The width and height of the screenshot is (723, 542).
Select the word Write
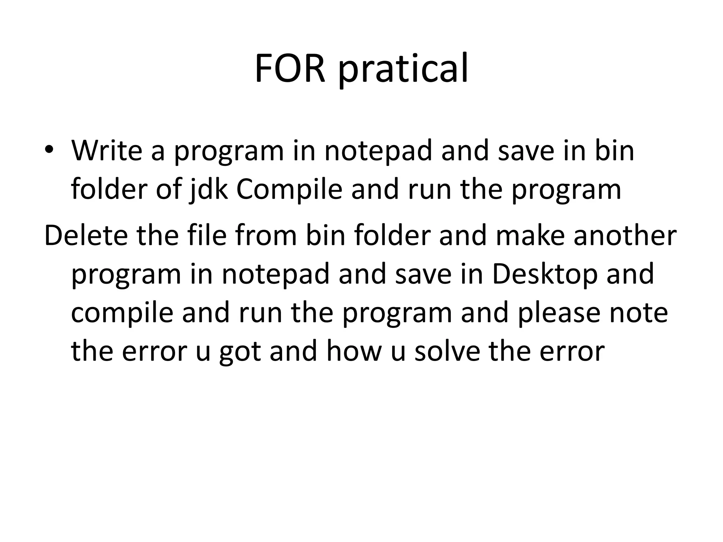pyautogui.click(x=107, y=151)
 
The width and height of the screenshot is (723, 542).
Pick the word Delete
pyautogui.click(x=86, y=236)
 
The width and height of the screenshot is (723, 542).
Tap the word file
pyautogui.click(x=207, y=236)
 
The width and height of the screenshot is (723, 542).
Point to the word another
pyautogui.click(x=625, y=236)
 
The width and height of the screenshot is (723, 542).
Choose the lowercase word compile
pyautogui.click(x=122, y=313)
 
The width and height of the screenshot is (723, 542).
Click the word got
pyautogui.click(x=240, y=352)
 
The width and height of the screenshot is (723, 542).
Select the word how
pyautogui.click(x=354, y=352)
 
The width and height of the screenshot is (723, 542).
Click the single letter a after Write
pyautogui.click(x=158, y=151)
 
